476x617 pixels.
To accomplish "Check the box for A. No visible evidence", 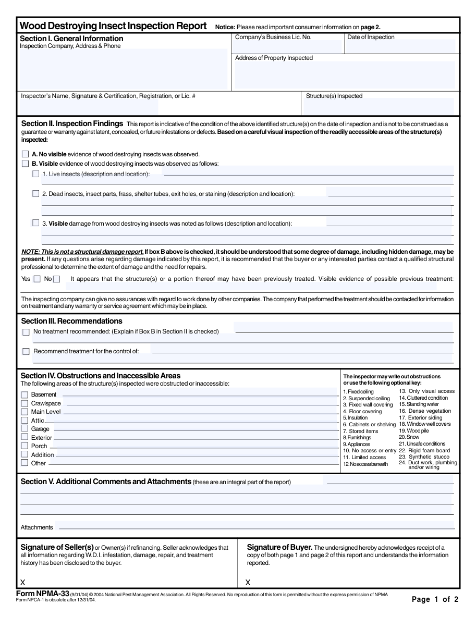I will pyautogui.click(x=26, y=154).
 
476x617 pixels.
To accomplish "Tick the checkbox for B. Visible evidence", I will pyautogui.click(x=26, y=164).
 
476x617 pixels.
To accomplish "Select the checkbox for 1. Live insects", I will pyautogui.click(x=36, y=174).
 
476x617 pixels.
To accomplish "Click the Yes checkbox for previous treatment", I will pyautogui.click(x=37, y=279).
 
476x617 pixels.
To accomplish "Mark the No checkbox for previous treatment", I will pyautogui.click(x=57, y=279).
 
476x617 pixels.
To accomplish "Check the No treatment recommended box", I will pyautogui.click(x=26, y=332).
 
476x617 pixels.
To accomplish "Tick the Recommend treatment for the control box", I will pyautogui.click(x=26, y=351).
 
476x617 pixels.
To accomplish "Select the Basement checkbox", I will pyautogui.click(x=25, y=394).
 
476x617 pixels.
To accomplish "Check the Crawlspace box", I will pyautogui.click(x=25, y=403).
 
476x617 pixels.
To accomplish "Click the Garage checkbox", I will pyautogui.click(x=25, y=429).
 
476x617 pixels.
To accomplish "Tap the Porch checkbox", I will pyautogui.click(x=25, y=446).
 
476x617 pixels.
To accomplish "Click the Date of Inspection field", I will pyautogui.click(x=401, y=46).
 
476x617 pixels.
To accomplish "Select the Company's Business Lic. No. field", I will pyautogui.click(x=286, y=46).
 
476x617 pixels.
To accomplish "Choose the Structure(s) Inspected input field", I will pyautogui.click(x=379, y=106).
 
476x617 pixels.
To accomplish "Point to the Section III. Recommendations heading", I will pyautogui.click(x=71, y=321).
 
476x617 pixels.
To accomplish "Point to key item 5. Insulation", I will pyautogui.click(x=355, y=418).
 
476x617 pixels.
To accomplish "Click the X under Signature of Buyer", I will pyautogui.click(x=248, y=582).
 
